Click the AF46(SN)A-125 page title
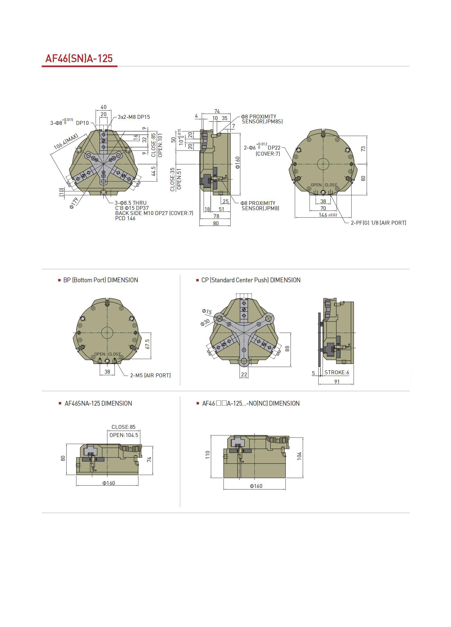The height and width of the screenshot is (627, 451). (x=79, y=58)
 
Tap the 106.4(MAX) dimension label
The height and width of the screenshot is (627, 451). (x=66, y=141)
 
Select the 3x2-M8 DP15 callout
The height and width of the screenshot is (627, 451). (x=134, y=117)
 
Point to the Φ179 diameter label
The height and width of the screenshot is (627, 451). (x=74, y=203)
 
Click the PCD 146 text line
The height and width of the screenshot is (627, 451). (x=125, y=218)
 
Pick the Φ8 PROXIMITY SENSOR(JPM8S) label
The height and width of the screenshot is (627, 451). (x=261, y=119)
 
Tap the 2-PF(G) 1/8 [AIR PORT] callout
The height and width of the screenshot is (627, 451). (x=378, y=223)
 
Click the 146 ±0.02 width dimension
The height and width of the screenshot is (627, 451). (x=328, y=215)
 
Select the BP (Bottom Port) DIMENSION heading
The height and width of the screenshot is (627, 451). (x=101, y=280)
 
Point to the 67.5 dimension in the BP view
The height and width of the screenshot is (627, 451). (x=147, y=344)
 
